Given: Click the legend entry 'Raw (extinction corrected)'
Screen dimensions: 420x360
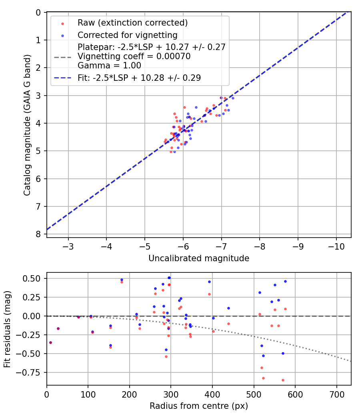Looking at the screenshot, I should click(x=132, y=22).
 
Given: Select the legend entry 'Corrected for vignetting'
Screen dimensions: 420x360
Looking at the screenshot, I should click(x=127, y=35).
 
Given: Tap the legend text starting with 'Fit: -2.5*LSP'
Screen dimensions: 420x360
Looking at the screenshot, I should click(x=139, y=78).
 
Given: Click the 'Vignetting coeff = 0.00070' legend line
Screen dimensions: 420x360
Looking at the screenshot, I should click(x=134, y=56).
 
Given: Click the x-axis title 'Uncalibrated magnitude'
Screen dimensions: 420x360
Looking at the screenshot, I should click(x=199, y=258).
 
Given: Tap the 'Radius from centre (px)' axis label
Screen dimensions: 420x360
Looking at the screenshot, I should click(x=199, y=406).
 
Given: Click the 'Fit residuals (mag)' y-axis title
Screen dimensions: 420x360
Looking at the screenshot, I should click(x=8, y=329).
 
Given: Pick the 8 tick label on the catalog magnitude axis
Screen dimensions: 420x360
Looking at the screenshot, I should click(x=38, y=234).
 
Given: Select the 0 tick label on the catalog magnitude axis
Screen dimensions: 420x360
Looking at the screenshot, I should click(x=38, y=12).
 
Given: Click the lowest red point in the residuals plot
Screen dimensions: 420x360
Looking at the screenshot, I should click(x=283, y=380).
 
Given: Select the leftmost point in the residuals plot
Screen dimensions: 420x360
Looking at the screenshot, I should click(x=50, y=342).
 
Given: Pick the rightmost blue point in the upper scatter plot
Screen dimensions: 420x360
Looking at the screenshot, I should click(x=233, y=98).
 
